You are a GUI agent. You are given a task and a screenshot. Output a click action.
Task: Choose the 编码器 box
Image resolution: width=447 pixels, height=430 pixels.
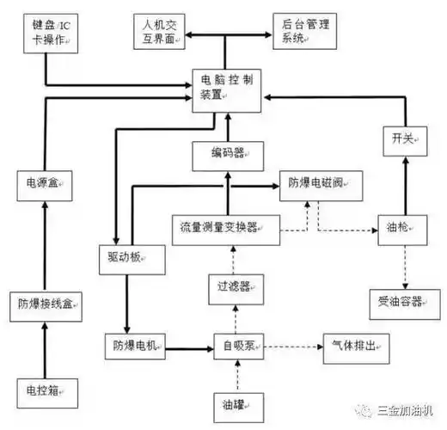(226, 154)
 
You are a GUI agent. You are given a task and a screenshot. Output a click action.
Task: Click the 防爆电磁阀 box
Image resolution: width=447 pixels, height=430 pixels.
(315, 183)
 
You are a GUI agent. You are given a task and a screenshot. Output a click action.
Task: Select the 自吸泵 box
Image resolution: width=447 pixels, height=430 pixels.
(237, 347)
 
